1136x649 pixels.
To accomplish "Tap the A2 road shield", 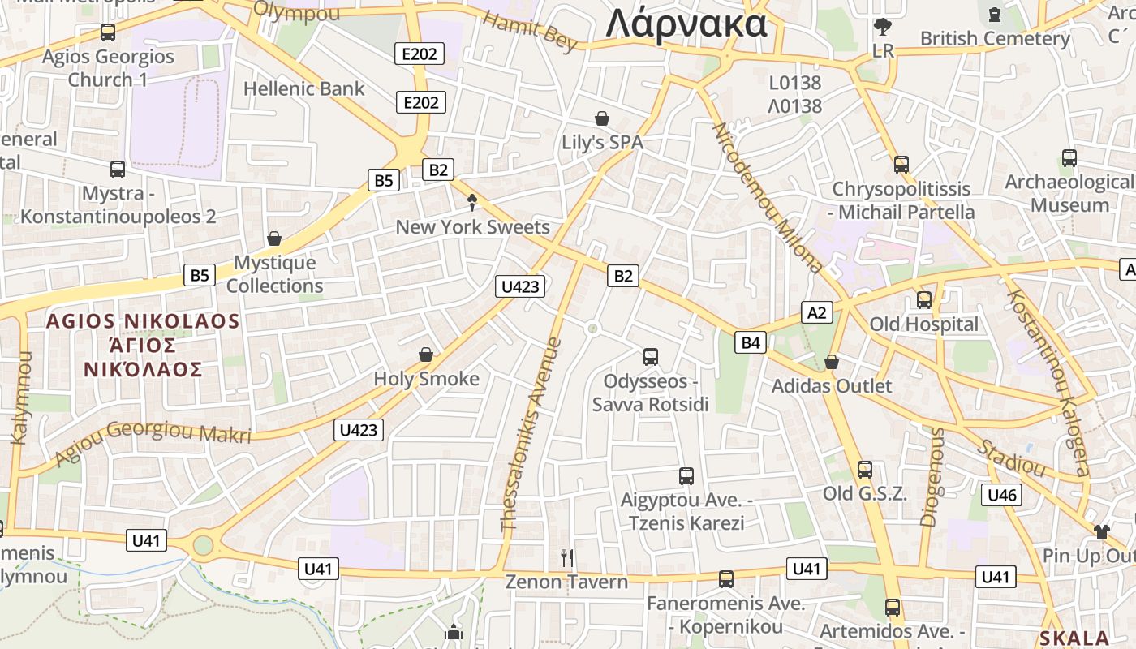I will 817,312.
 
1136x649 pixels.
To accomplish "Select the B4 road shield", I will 751,342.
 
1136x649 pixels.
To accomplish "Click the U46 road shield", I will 1001,494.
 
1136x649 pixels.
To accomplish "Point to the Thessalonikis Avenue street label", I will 531,434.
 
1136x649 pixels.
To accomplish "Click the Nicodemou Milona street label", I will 767,198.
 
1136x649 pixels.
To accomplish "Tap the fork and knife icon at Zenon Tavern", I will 567,557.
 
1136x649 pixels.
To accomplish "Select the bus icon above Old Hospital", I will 924,300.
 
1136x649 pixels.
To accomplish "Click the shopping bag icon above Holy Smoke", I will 426,355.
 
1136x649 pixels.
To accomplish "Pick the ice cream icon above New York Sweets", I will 472,203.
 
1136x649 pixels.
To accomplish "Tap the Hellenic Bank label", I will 304,88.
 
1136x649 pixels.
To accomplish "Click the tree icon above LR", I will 883,28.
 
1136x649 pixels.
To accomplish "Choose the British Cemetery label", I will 995,38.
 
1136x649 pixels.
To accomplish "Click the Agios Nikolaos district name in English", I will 143,321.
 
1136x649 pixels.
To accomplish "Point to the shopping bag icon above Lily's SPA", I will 602,118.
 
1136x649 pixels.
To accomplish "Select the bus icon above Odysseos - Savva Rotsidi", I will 650,356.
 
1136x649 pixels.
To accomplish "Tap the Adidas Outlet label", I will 832,385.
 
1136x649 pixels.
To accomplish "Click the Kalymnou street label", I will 20,398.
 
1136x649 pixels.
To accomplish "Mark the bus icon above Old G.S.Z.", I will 865,470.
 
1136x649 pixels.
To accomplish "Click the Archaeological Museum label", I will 1069,193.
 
